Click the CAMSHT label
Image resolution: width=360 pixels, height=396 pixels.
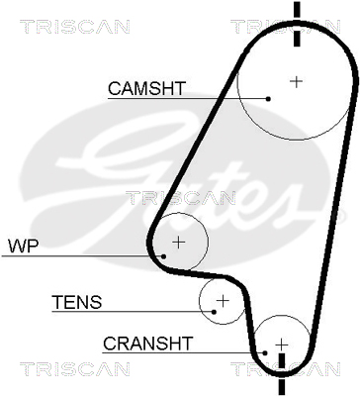(x=147, y=88)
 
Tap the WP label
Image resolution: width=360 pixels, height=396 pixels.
(x=24, y=247)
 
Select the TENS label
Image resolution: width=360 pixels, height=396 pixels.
(x=77, y=302)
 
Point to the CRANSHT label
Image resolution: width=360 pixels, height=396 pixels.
(x=147, y=344)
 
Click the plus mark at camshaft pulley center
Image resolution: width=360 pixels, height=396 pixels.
(x=296, y=81)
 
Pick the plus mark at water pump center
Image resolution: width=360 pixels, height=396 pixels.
(x=179, y=243)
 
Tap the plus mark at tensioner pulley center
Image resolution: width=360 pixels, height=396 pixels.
(x=223, y=300)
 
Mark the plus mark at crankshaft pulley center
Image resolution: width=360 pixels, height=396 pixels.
(x=282, y=345)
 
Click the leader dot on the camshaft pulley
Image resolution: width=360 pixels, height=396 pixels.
(x=268, y=98)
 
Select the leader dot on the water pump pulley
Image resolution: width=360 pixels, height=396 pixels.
(x=163, y=256)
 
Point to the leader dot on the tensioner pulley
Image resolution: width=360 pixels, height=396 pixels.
(x=214, y=312)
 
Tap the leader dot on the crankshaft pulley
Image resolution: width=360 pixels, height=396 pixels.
(x=265, y=352)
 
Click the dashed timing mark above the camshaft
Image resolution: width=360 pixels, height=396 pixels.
(x=297, y=24)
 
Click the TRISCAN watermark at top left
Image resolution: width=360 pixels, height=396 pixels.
(x=75, y=27)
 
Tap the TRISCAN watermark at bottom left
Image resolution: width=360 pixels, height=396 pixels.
(x=75, y=369)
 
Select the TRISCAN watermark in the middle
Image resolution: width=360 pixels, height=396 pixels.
(x=181, y=198)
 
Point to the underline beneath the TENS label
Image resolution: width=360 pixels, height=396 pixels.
(x=133, y=312)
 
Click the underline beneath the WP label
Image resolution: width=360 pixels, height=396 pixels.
(x=82, y=256)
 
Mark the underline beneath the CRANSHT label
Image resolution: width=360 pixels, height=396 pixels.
(x=183, y=352)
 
